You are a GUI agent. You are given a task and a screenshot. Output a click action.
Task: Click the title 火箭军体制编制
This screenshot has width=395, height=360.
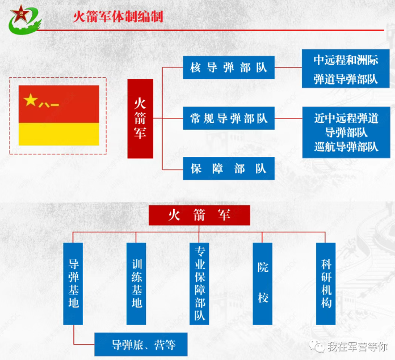pyautogui.click(x=118, y=16)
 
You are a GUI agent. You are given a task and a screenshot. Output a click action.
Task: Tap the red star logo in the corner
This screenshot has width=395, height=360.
pyautogui.click(x=20, y=14)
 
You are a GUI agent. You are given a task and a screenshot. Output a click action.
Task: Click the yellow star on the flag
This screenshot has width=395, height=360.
pyautogui.click(x=31, y=100)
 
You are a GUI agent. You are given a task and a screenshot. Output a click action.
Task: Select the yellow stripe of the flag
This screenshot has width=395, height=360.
pyautogui.click(x=59, y=134)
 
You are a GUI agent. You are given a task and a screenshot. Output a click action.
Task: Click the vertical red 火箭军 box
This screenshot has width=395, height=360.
pyautogui.click(x=140, y=118)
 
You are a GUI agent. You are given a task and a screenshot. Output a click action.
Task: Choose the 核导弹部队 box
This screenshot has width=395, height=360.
pyautogui.click(x=229, y=67)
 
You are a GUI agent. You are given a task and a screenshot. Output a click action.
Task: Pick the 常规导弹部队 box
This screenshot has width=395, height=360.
pyautogui.click(x=229, y=118)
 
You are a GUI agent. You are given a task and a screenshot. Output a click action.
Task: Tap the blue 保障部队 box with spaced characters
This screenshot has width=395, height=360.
pyautogui.click(x=229, y=168)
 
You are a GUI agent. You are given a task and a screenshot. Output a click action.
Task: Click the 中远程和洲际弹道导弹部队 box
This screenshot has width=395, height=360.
pyautogui.click(x=346, y=69)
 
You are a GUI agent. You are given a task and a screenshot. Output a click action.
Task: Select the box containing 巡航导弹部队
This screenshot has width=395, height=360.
pyautogui.click(x=346, y=132)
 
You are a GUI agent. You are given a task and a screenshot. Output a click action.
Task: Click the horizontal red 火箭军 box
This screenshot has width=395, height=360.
pyautogui.click(x=199, y=215)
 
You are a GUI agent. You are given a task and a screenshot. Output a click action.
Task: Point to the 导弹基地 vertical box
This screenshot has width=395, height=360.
pyautogui.click(x=73, y=284)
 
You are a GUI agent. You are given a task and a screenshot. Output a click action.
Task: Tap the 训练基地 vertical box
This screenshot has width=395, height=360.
pyautogui.click(x=136, y=284)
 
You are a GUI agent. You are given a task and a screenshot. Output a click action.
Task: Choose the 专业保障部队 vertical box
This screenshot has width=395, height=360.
pyautogui.click(x=199, y=284)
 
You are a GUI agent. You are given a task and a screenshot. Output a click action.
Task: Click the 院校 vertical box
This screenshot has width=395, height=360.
pyautogui.click(x=263, y=284)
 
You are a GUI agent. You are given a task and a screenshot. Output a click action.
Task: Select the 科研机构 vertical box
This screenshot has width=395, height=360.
pyautogui.click(x=326, y=284)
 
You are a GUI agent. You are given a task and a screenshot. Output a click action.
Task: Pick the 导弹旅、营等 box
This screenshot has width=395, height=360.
pyautogui.click(x=141, y=344)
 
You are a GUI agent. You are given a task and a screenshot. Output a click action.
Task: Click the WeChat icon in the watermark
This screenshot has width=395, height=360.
pyautogui.click(x=317, y=346)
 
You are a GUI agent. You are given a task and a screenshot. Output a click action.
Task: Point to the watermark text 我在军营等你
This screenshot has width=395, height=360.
pyautogui.click(x=358, y=347)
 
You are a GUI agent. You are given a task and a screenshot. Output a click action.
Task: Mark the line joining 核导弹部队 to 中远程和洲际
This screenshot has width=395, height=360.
pyautogui.click(x=288, y=67)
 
